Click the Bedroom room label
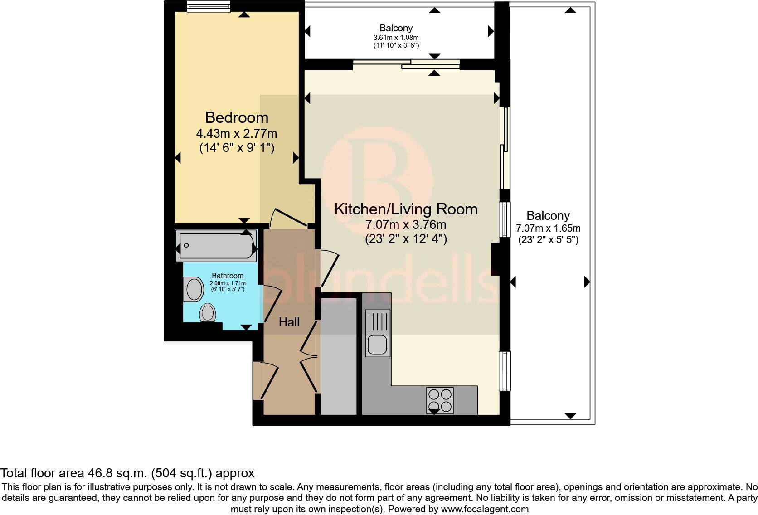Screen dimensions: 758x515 coord(237,118)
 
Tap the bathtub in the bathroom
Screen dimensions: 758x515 coord(216,246)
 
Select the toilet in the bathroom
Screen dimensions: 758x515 coord(208,313)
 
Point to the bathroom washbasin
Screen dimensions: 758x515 coord(194,289)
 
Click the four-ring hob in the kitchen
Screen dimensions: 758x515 coord(440,400)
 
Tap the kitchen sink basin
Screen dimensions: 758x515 coord(378,345)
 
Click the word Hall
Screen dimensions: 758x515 coord(289,322)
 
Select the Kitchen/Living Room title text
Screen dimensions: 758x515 coord(406,209)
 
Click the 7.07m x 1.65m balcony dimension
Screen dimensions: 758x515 coord(548,228)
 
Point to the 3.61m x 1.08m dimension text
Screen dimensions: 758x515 coord(396,38)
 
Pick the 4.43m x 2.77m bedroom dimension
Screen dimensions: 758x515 coord(237,134)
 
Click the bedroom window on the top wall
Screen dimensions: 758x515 coord(209,6)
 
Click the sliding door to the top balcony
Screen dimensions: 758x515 coord(406,64)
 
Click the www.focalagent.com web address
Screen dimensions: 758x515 coord(485,509)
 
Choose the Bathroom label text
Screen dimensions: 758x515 coord(228,276)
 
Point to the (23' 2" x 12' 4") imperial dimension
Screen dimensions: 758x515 coord(406,239)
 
